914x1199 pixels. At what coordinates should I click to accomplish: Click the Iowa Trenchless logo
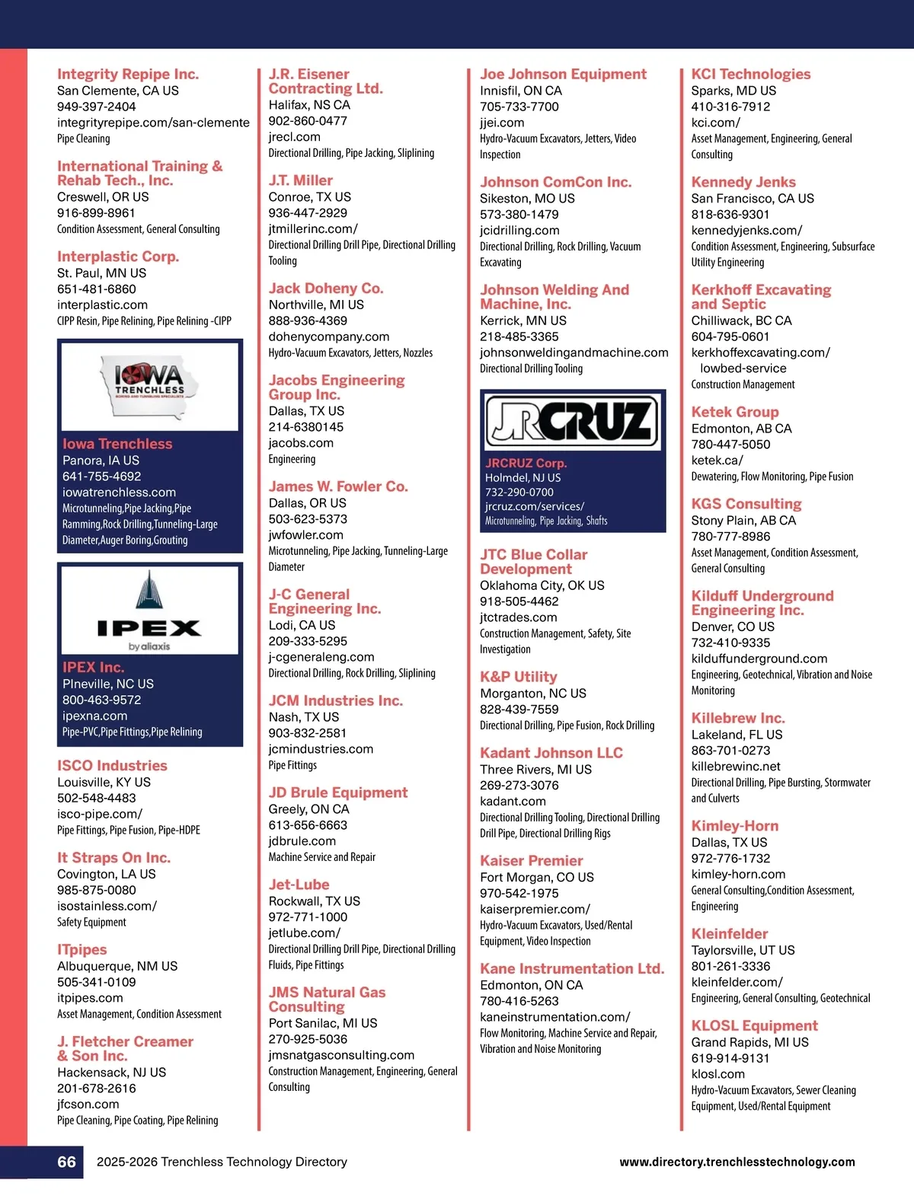pos(150,386)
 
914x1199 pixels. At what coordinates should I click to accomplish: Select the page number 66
pos(67,1162)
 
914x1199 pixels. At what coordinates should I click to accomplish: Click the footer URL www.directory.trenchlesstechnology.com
pos(737,1162)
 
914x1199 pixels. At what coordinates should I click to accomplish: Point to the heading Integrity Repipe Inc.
pos(128,74)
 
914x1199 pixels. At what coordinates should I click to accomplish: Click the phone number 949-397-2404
pos(97,107)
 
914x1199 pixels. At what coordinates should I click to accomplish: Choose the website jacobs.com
pos(300,443)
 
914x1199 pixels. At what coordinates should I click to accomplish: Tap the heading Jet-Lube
pos(299,885)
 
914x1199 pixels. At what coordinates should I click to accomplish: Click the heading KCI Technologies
pos(751,74)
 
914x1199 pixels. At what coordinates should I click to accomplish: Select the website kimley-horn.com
pos(738,874)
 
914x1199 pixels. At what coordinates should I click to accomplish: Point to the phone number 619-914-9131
pos(730,1058)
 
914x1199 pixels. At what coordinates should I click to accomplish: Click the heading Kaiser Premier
pos(531,860)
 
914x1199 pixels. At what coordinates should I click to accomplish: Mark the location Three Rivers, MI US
pos(535,770)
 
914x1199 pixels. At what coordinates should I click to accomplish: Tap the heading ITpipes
pos(82,949)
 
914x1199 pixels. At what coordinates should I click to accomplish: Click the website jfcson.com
pos(88,1104)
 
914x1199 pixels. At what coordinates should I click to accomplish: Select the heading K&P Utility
pos(518,677)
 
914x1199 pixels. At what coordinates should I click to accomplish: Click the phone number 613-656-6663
pos(308,825)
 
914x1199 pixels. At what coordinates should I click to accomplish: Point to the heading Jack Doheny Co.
pos(326,289)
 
